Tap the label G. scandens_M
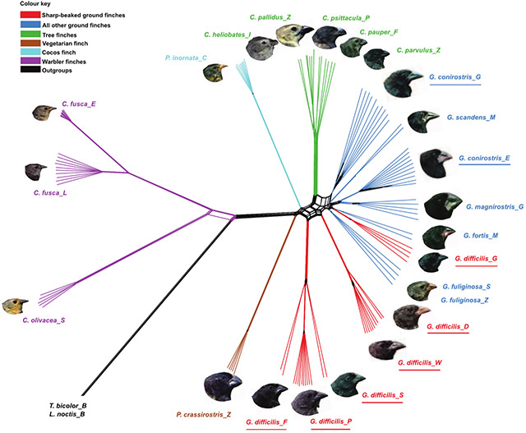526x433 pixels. (x=473, y=118)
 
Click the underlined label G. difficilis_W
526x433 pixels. (x=422, y=362)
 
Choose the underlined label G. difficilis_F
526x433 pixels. (x=266, y=422)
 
